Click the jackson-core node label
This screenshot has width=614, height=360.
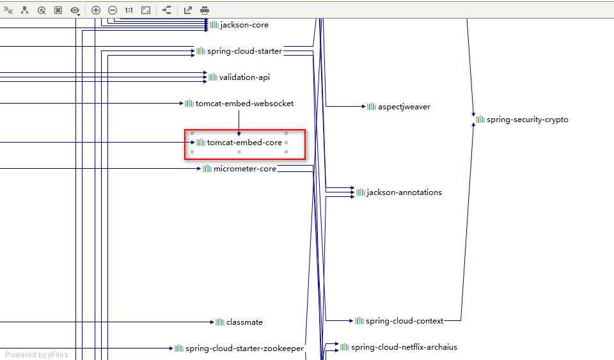[244, 25]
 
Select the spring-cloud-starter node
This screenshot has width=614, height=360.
[244, 51]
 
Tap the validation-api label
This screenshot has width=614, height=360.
[244, 77]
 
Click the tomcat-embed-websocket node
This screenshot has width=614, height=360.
[244, 104]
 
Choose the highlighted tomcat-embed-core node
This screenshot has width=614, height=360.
[244, 143]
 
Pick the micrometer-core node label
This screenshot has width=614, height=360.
[244, 169]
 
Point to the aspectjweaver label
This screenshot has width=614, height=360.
[404, 107]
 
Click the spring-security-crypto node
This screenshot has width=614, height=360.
[527, 120]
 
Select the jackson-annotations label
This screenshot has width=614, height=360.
[404, 192]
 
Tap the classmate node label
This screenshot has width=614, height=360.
[244, 322]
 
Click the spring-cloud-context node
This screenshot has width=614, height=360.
[404, 320]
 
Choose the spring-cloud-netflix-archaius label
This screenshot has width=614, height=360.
[404, 347]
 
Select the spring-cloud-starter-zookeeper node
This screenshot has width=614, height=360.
[244, 348]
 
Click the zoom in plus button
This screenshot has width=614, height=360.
[96, 10]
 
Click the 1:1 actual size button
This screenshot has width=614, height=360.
[129, 10]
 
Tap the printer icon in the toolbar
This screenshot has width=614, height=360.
[205, 10]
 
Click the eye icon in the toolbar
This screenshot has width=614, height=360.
[75, 10]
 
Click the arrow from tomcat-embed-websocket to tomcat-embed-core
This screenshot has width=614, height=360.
[239, 121]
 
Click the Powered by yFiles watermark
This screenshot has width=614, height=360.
[36, 355]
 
